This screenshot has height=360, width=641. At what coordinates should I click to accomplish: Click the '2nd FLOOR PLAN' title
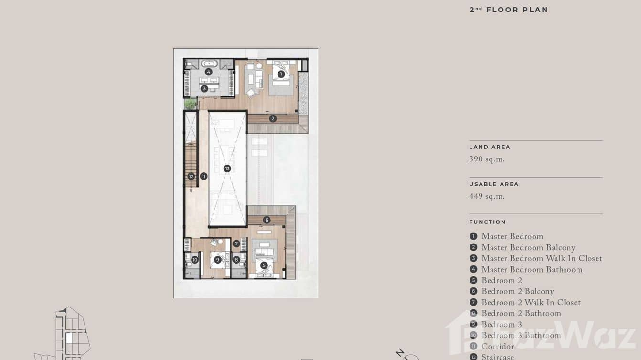[x=509, y=10]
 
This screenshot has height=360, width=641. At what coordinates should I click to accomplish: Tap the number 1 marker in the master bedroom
[x=281, y=74]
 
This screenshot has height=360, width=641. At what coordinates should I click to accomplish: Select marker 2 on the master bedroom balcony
[x=273, y=118]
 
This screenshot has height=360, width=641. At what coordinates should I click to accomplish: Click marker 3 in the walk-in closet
[x=204, y=88]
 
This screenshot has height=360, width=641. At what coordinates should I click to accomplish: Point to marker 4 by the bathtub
[x=209, y=72]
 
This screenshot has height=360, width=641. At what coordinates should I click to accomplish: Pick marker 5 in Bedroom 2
[x=264, y=265]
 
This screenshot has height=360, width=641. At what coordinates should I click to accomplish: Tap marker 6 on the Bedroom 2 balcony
[x=267, y=220]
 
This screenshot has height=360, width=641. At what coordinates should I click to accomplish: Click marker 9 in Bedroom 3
[x=218, y=260]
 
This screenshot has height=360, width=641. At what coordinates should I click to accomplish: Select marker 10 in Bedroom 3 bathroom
[x=195, y=260]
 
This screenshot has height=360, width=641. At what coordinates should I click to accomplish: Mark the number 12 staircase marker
[x=191, y=176]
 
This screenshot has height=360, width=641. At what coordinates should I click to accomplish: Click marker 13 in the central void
[x=227, y=169]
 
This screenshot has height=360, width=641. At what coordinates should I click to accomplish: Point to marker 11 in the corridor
[x=203, y=176]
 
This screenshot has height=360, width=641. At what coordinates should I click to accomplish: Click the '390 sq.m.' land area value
[x=487, y=159]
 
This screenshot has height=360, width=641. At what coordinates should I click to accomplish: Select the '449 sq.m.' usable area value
[x=487, y=196]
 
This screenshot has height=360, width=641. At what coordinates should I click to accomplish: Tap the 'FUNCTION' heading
[x=487, y=222]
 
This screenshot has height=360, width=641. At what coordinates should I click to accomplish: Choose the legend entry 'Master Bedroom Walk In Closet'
[x=542, y=259]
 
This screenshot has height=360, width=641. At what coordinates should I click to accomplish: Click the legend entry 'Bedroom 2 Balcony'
[x=517, y=292]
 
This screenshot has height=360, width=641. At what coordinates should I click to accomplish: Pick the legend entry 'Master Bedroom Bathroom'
[x=532, y=270]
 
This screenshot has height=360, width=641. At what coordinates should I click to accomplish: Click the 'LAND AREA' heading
[x=490, y=147]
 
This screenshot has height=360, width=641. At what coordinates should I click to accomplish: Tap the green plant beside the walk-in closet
[x=191, y=104]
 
